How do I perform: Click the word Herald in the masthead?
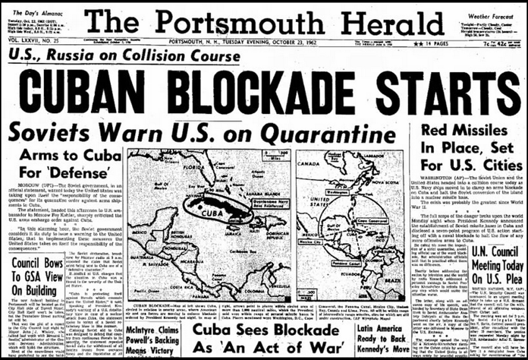(388, 23)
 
